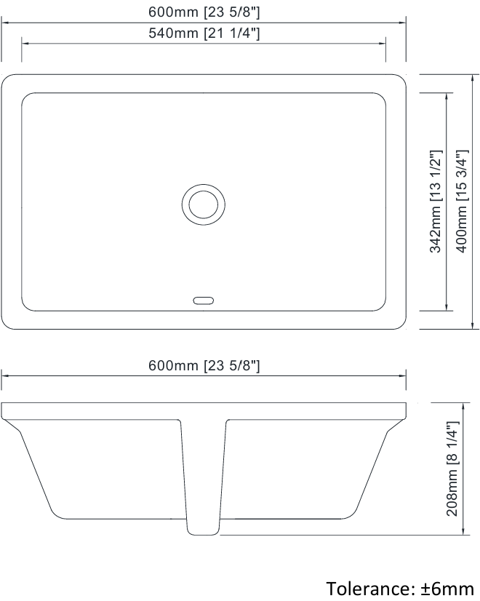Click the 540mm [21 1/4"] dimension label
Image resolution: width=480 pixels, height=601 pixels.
tap(204, 33)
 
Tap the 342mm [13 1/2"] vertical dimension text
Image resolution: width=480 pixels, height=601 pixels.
tap(436, 202)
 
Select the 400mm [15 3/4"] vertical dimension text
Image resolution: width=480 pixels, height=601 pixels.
tap(463, 202)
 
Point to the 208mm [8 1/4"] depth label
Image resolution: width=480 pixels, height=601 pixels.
tap(452, 469)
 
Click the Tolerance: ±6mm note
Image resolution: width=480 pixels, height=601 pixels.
tap(400, 589)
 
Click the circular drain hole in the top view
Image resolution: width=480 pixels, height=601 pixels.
tap(204, 204)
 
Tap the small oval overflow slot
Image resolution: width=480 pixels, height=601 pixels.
tap(204, 301)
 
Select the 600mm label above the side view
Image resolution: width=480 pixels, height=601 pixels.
tap(204, 365)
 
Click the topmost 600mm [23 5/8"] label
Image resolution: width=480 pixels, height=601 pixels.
tap(204, 12)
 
